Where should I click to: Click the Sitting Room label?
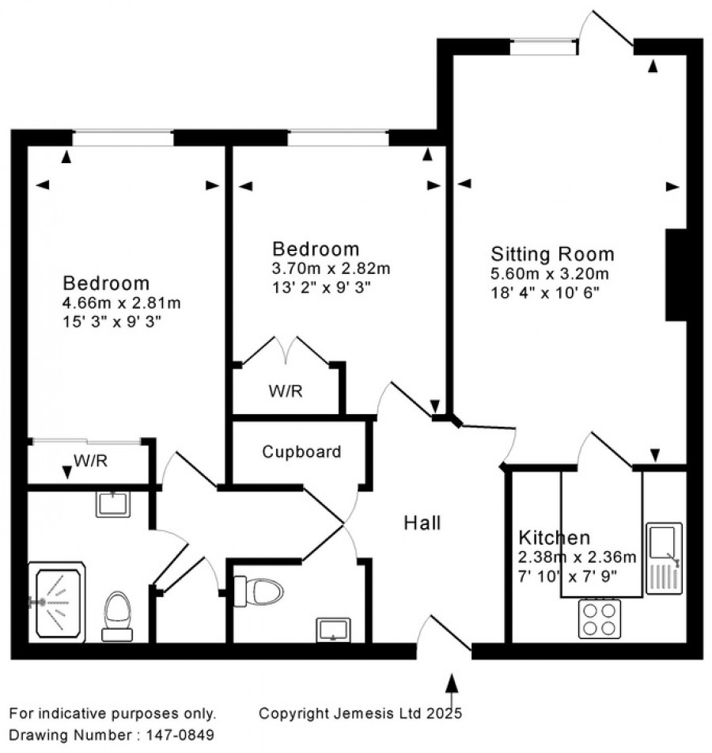pos(552,254)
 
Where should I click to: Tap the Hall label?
pos(422,523)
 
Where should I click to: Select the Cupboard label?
pos(301,452)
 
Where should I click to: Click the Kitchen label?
pos(554,538)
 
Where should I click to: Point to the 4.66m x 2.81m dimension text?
pos(121,303)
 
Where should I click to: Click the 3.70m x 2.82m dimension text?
pos(331,268)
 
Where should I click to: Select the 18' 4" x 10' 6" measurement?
pos(545,292)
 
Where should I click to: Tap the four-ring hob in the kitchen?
pos(599,619)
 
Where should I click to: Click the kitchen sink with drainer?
pos(664,558)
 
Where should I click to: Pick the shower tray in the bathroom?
pos(57,603)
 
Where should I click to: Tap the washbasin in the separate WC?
pos(333,629)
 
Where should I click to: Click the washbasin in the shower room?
pos(113,504)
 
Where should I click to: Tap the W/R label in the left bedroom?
pos(91,461)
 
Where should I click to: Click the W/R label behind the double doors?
pos(286,391)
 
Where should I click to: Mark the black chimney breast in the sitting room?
pos(676,275)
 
